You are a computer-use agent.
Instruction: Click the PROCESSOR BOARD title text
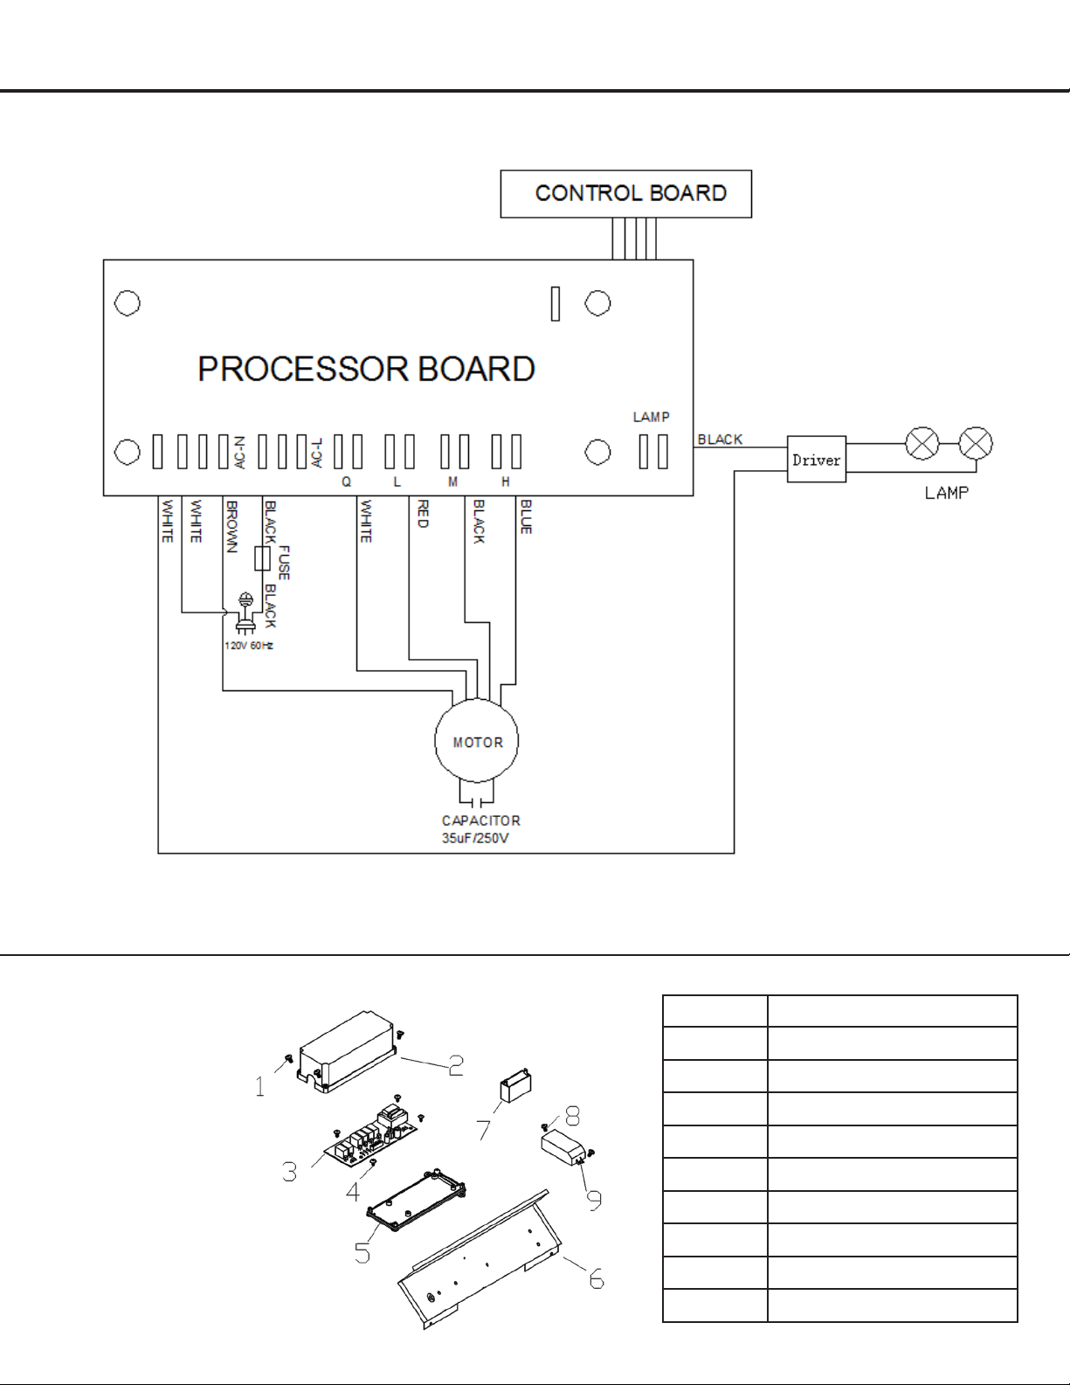pyautogui.click(x=366, y=369)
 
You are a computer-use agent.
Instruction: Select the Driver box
pyautogui.click(x=817, y=459)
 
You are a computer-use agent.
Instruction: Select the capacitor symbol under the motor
pyautogui.click(x=476, y=800)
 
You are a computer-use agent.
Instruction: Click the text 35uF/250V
pyautogui.click(x=475, y=838)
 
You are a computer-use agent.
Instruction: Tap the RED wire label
pyautogui.click(x=422, y=514)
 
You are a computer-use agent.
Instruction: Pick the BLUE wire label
pyautogui.click(x=526, y=516)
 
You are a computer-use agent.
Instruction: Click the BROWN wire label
pyautogui.click(x=231, y=526)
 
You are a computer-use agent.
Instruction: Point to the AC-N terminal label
pyautogui.click(x=240, y=453)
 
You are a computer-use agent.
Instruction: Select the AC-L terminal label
pyautogui.click(x=317, y=453)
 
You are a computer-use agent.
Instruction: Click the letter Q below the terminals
pyautogui.click(x=347, y=481)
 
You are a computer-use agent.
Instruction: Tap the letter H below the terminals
pyautogui.click(x=505, y=481)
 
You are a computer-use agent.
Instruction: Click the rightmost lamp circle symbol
pyautogui.click(x=975, y=443)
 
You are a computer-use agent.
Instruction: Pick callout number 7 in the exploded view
pyautogui.click(x=484, y=1130)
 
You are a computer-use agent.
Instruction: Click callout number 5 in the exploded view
pyautogui.click(x=362, y=1253)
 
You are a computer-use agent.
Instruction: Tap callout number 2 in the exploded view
pyautogui.click(x=455, y=1065)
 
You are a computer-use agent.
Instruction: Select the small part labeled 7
pyautogui.click(x=516, y=1085)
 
